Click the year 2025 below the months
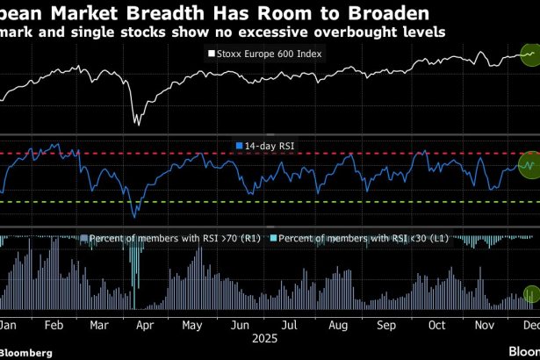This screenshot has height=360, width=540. click(x=266, y=336)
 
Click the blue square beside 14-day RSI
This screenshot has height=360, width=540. click(x=240, y=145)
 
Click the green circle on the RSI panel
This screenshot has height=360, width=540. click(x=528, y=162)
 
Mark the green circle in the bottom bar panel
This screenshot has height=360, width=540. click(x=530, y=295)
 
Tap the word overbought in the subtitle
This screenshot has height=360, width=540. click(x=328, y=32)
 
